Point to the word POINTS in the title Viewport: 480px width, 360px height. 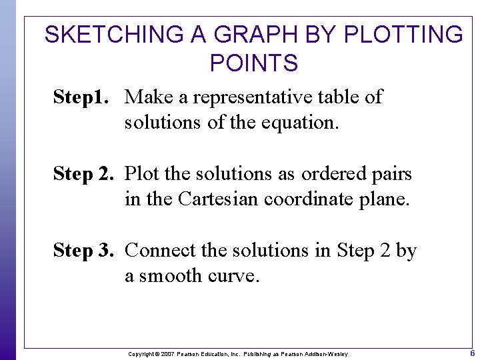(x=253, y=63)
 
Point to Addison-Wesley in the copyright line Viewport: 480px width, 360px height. (x=326, y=353)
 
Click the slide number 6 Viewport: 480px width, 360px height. (x=472, y=353)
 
